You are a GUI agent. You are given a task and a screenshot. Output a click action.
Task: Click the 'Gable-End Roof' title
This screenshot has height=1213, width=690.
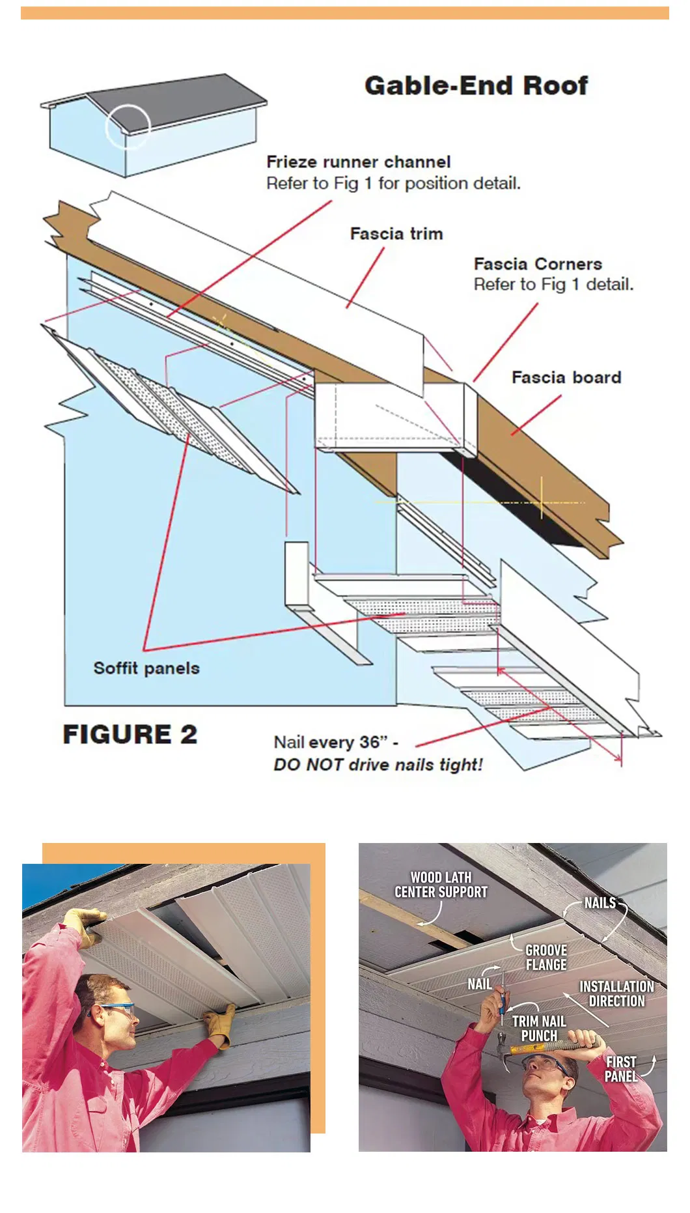(x=476, y=85)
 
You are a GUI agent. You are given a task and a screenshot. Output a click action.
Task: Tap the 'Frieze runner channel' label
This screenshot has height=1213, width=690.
(x=359, y=162)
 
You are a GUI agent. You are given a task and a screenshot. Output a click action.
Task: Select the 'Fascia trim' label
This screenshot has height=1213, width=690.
(x=396, y=233)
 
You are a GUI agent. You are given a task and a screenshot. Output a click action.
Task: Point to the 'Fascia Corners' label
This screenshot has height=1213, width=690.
(x=538, y=264)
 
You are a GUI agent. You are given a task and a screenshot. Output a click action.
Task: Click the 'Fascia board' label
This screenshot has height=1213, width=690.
(x=566, y=377)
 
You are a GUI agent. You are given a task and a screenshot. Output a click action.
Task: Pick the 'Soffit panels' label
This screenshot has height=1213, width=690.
(x=146, y=668)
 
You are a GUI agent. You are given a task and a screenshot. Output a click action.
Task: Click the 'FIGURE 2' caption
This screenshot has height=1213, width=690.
(x=130, y=734)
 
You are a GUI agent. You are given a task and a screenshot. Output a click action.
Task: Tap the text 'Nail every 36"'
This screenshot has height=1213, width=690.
(x=331, y=742)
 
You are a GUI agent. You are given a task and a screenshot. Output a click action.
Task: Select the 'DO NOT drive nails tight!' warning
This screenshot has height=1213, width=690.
(x=378, y=765)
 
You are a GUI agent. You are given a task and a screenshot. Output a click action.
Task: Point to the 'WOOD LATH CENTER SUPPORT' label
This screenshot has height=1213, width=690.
(x=441, y=885)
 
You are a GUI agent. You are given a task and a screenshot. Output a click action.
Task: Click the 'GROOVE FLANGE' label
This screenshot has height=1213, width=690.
(x=546, y=957)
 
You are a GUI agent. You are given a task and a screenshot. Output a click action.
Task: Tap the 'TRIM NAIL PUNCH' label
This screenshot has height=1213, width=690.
(x=538, y=1028)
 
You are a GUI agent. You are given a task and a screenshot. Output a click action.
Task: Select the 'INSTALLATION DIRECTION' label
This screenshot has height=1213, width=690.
(x=616, y=993)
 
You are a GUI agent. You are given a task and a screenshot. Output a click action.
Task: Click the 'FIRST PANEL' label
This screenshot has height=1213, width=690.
(x=620, y=1069)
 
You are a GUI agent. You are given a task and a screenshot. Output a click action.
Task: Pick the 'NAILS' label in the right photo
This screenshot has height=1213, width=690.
(x=600, y=903)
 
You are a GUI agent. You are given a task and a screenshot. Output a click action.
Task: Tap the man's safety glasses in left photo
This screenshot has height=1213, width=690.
(x=113, y=1012)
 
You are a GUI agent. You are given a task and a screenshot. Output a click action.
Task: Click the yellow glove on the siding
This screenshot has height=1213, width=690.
(x=221, y=1025)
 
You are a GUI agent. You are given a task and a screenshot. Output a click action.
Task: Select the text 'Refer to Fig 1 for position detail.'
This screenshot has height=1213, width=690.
(x=393, y=183)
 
